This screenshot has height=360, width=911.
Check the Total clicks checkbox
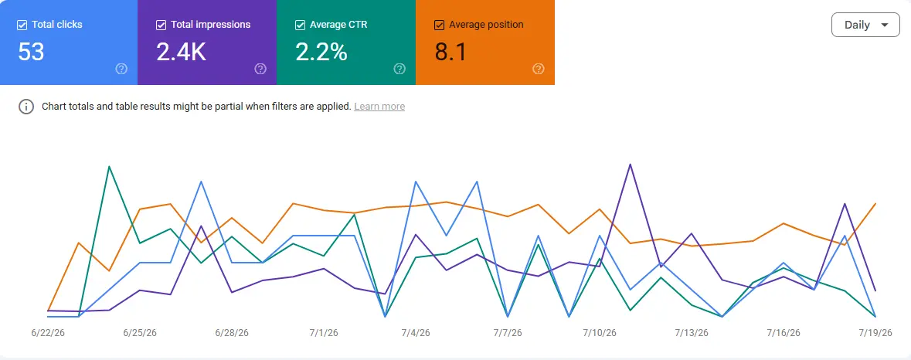(x=22, y=25)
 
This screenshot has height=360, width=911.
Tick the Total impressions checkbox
(x=161, y=25)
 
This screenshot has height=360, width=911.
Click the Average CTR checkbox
(x=301, y=25)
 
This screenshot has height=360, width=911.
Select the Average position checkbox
(x=440, y=25)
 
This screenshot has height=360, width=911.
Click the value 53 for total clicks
(x=32, y=53)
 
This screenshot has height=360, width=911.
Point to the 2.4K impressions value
(x=182, y=53)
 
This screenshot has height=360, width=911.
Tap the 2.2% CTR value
(x=321, y=53)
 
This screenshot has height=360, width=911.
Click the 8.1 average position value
(x=450, y=53)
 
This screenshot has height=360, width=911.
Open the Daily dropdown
(x=865, y=25)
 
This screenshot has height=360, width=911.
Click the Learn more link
(x=379, y=107)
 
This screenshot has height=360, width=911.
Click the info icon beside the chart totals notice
(x=26, y=107)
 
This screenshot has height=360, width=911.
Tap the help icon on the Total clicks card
(x=121, y=69)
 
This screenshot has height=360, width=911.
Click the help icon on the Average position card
(x=538, y=69)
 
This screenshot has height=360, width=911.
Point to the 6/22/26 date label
(x=48, y=333)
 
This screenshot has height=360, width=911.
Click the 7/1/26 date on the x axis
(x=324, y=333)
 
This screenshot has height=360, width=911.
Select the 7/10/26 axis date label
(x=600, y=333)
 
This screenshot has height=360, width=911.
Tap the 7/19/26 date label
(x=875, y=333)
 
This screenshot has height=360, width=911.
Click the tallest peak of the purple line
(x=631, y=165)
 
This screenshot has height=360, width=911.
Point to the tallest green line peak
(x=109, y=167)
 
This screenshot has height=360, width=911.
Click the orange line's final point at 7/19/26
(x=875, y=204)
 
